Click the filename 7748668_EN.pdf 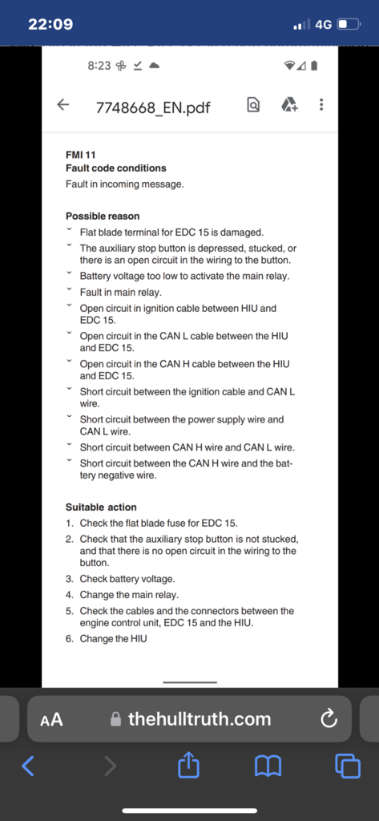152,107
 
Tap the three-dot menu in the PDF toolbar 321,105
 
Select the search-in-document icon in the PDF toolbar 253,105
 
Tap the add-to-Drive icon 288,105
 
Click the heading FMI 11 80,154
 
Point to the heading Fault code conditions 116,168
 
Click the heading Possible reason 103,216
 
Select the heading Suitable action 101,508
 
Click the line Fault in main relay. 120,293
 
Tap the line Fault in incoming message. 125,184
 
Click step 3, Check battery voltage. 127,579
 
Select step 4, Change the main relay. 129,595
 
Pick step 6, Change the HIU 113,639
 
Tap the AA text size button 51,719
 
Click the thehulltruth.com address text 199,719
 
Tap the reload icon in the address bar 328,719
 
